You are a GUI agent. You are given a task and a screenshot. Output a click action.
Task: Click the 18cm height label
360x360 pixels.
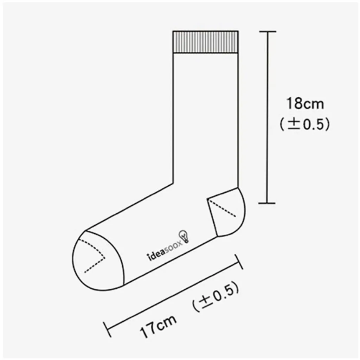click(x=305, y=104)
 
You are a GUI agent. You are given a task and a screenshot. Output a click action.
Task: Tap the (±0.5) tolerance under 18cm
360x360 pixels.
click(x=305, y=124)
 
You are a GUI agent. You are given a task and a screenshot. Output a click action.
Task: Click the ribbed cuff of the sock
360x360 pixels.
click(x=205, y=42)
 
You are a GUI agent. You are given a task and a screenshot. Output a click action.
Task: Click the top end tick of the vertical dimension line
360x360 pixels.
click(x=268, y=31)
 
